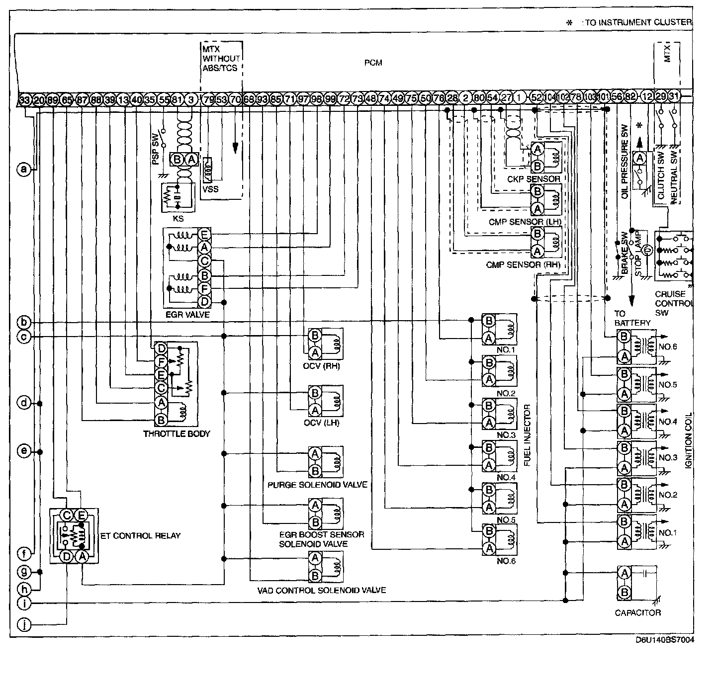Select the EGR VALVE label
tap(187, 315)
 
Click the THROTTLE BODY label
tap(177, 433)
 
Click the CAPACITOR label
tap(638, 612)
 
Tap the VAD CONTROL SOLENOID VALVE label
tap(322, 591)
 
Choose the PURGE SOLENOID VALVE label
tap(317, 484)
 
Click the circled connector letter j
tap(23, 623)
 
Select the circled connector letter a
tap(23, 170)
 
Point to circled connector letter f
tap(23, 553)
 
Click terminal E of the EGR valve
tap(204, 234)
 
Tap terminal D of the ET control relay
tap(67, 556)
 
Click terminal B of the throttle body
tap(161, 420)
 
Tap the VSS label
tap(210, 189)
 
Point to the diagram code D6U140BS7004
tap(664, 640)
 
